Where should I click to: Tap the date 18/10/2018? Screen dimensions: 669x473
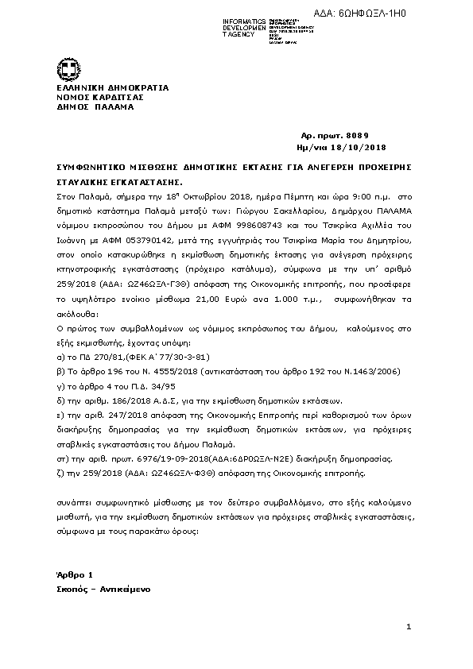[x=363, y=148]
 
